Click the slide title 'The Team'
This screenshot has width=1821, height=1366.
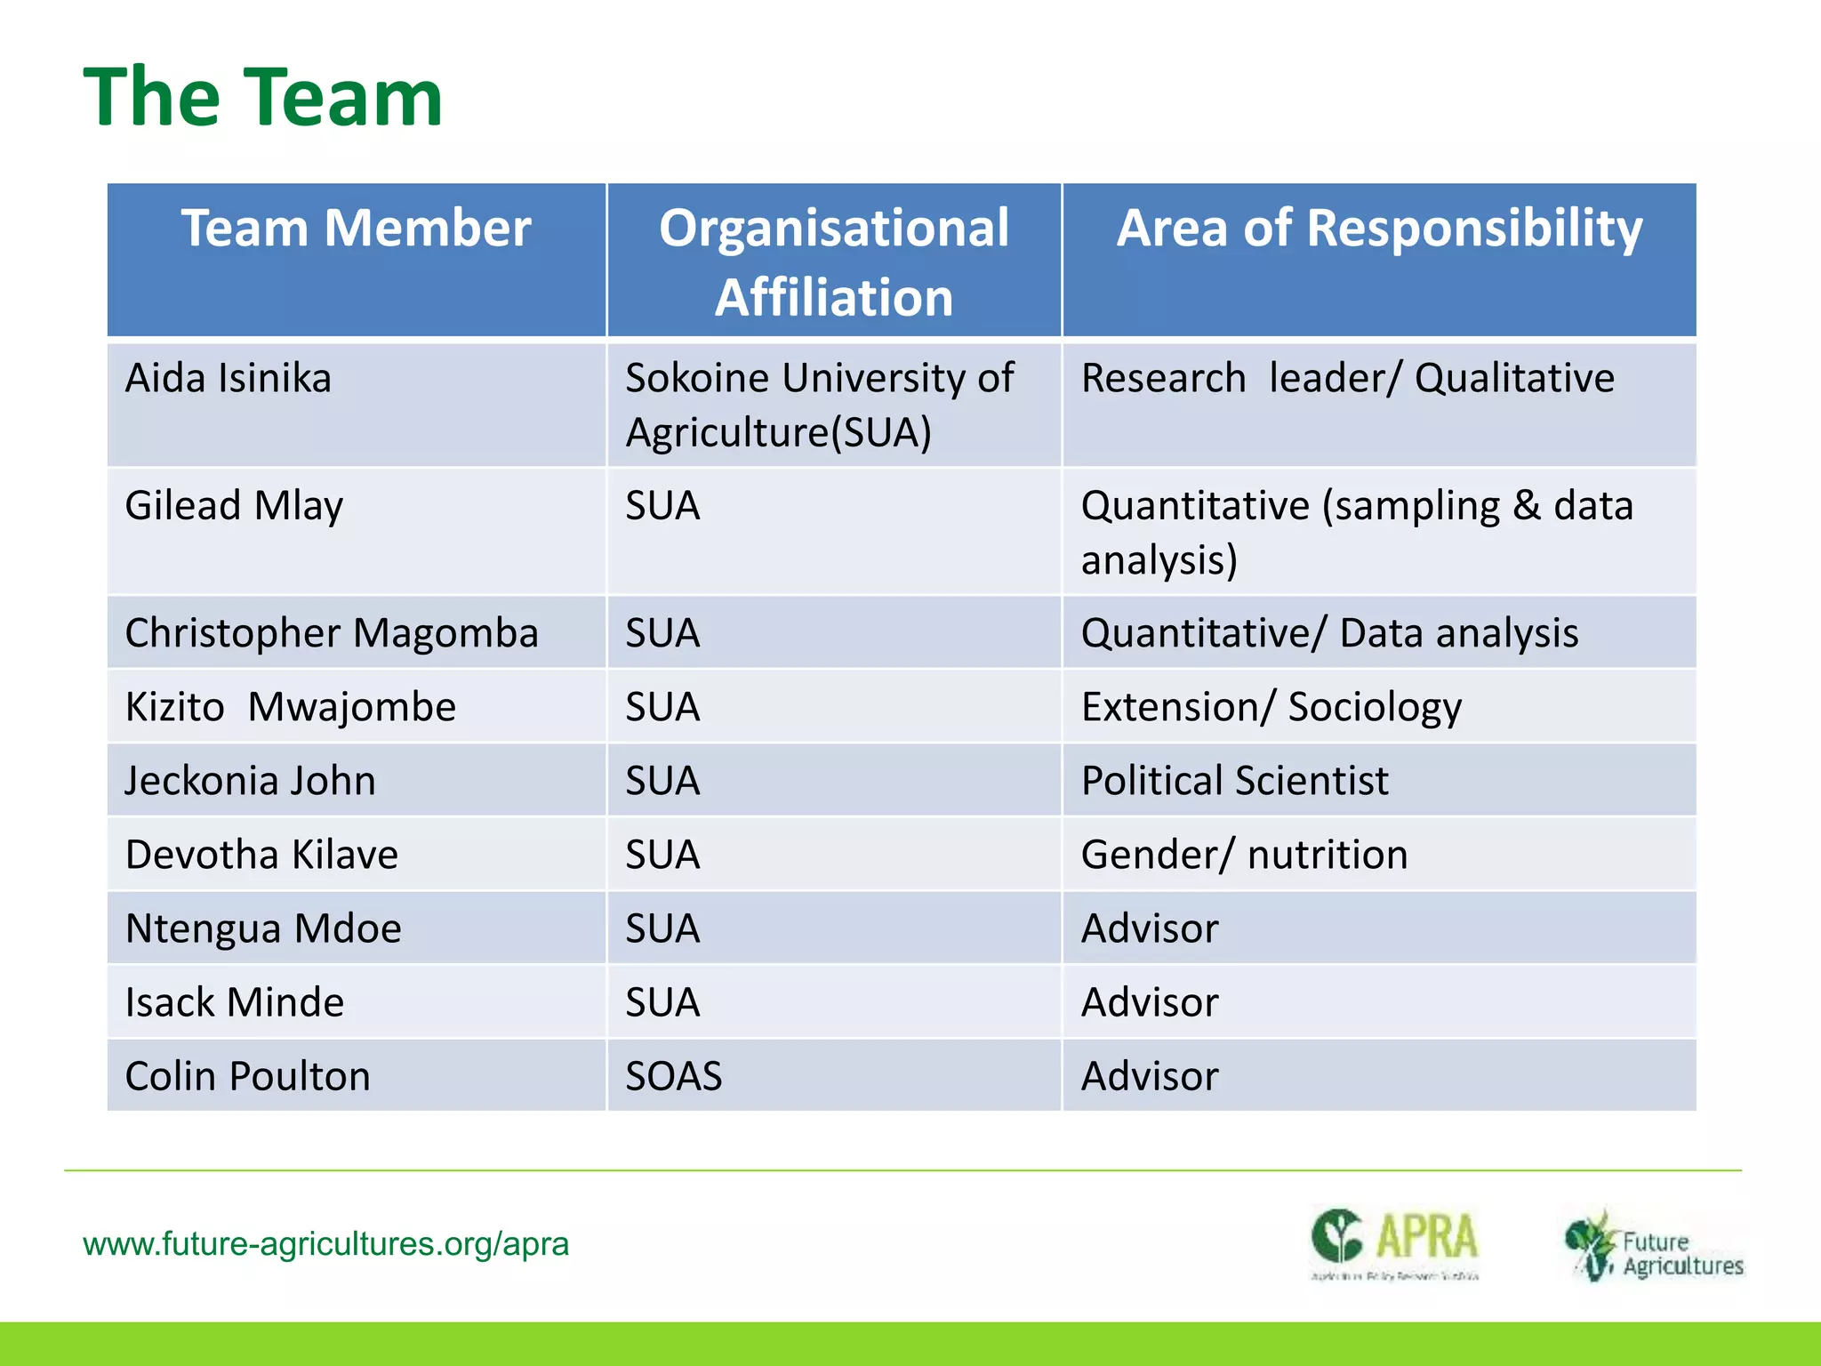[x=263, y=98]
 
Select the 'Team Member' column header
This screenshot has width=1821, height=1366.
[x=356, y=228]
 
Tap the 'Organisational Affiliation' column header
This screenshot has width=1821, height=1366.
[x=834, y=261]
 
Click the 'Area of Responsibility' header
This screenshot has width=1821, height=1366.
[x=1379, y=228]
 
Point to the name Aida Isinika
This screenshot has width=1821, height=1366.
[x=229, y=378]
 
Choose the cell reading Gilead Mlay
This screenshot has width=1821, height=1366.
[x=234, y=506]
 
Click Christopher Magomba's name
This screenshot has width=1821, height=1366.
[x=332, y=633]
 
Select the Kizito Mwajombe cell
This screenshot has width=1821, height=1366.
[x=290, y=707]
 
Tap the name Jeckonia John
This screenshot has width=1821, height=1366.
[x=250, y=781]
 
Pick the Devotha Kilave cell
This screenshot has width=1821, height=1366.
[x=261, y=855]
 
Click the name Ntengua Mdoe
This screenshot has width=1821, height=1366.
[x=263, y=928]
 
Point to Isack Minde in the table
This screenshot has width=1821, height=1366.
[x=234, y=1002]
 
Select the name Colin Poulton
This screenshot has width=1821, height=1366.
[x=247, y=1076]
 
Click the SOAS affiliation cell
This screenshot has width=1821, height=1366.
[x=673, y=1076]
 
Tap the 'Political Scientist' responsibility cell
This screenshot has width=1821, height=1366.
[x=1234, y=781]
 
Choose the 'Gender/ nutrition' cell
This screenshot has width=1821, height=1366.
[x=1244, y=855]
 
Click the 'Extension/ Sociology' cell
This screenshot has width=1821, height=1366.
[x=1271, y=707]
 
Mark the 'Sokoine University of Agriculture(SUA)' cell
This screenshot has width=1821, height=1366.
[x=818, y=405]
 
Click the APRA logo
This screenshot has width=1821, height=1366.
[x=1394, y=1242]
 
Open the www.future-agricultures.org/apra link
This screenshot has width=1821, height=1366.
[x=325, y=1243]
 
